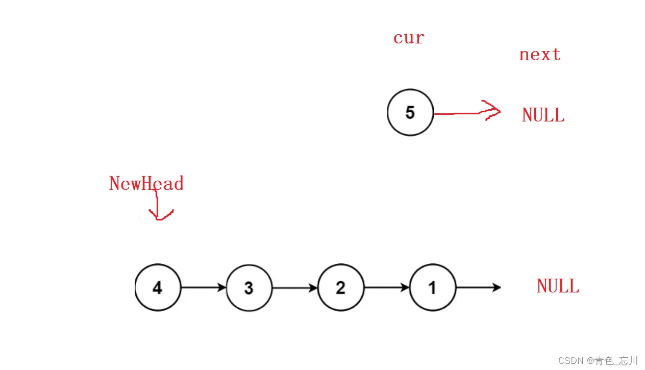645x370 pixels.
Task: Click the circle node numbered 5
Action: click(410, 113)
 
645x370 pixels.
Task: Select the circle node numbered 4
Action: click(158, 287)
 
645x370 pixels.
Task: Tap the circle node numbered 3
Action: click(249, 288)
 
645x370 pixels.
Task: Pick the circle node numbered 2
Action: click(341, 287)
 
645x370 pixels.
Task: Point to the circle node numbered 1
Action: click(433, 287)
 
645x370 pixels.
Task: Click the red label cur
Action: click(409, 38)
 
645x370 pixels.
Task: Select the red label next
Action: click(540, 55)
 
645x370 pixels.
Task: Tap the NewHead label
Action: click(146, 183)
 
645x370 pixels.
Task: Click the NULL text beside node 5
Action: click(543, 115)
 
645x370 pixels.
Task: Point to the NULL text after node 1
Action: click(558, 286)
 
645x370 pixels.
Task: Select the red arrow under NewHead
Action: click(159, 207)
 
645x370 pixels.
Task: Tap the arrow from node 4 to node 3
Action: click(203, 287)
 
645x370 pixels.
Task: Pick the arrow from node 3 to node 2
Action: click(294, 288)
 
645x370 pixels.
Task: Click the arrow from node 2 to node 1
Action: click(386, 287)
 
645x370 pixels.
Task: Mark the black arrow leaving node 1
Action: click(478, 287)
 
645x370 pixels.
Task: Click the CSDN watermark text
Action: click(598, 361)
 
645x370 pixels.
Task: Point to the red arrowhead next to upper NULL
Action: click(491, 111)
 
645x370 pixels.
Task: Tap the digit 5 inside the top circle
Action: click(410, 113)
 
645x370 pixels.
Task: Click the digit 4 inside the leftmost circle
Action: click(158, 288)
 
